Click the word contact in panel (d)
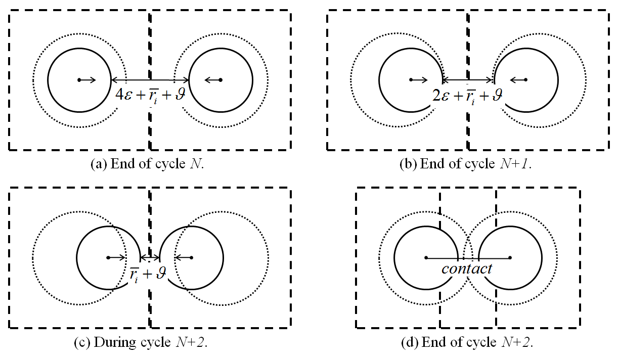466,268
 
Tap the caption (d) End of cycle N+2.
467,342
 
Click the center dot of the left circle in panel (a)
79,80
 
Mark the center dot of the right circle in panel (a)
220,80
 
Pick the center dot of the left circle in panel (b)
411,80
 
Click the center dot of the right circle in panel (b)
526,80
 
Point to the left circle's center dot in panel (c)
108,258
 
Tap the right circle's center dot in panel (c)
191,258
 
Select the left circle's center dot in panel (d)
426,258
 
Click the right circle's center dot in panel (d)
510,258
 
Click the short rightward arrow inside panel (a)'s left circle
88,80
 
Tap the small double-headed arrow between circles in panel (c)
150,258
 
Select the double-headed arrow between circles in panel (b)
468,80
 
